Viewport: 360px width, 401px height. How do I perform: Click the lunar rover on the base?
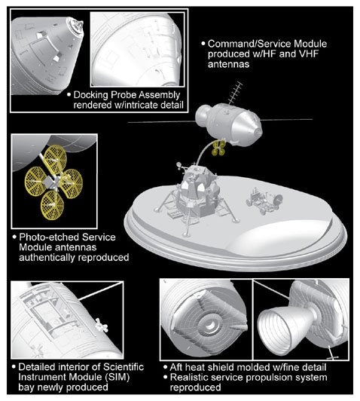click(264, 200)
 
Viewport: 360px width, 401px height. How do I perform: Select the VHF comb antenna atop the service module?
click(234, 93)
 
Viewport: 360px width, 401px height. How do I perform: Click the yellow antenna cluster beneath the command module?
click(218, 148)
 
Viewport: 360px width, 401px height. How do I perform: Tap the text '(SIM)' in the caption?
click(117, 377)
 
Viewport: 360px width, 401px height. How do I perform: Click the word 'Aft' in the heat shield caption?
click(176, 367)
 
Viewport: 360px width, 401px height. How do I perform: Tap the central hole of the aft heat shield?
click(211, 326)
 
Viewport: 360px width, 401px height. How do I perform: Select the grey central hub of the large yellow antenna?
click(49, 182)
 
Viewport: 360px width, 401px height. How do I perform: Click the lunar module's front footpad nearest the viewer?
click(186, 234)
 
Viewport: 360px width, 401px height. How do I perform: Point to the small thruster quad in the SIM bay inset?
click(102, 325)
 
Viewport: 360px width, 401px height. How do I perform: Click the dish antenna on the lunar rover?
click(278, 198)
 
